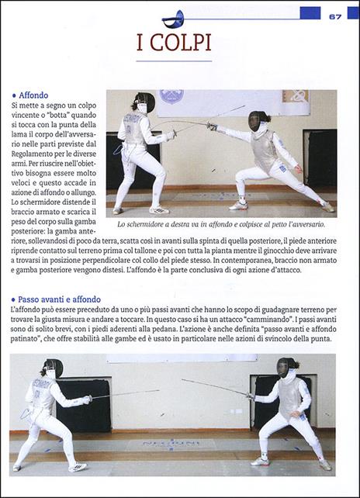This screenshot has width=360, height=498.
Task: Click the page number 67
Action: [x=335, y=16]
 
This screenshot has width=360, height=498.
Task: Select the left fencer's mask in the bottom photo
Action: [x=52, y=368]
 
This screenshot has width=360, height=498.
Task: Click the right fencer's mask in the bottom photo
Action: [x=286, y=366]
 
